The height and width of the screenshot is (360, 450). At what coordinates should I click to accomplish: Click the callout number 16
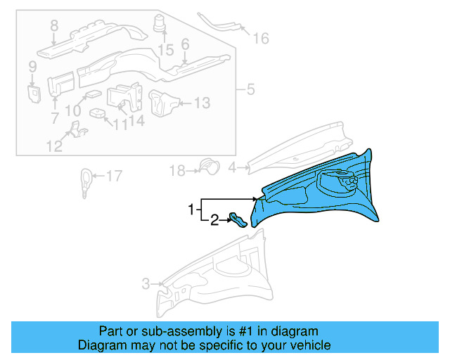(x=261, y=38)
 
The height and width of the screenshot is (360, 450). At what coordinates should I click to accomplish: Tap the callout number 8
(x=54, y=27)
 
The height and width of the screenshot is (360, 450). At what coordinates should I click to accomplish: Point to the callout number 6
(x=185, y=44)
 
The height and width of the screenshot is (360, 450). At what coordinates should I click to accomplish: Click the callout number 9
(x=32, y=67)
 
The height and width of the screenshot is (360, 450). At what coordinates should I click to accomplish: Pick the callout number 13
(x=202, y=103)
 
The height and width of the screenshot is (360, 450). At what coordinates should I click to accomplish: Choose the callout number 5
(x=249, y=90)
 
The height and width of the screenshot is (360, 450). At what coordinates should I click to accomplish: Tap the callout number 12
(x=54, y=146)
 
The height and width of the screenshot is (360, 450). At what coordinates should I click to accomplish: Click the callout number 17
(x=114, y=176)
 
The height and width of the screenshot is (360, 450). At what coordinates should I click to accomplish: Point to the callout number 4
(x=233, y=167)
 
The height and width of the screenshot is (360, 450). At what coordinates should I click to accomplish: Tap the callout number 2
(x=214, y=221)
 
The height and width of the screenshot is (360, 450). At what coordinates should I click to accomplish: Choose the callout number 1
(x=190, y=210)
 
